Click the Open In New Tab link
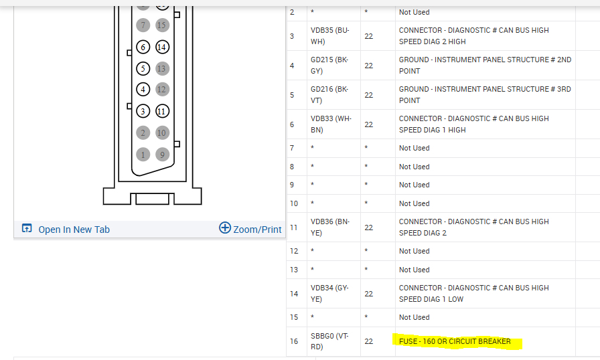[73, 230]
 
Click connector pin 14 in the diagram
[161, 47]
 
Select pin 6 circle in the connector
[143, 47]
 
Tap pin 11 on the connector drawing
[161, 111]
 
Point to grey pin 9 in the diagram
[161, 155]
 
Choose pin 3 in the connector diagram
[143, 111]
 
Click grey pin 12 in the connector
[161, 89]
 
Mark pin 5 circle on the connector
[143, 68]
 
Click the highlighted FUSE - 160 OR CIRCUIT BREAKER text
[455, 342]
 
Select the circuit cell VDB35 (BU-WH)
[329, 36]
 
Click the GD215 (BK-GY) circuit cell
[329, 66]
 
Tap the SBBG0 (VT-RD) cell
[329, 342]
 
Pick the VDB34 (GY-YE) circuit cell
[329, 294]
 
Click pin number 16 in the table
[294, 342]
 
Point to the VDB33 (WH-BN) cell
[329, 124]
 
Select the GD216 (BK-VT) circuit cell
[329, 95]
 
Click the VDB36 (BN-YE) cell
[329, 228]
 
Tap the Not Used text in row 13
[415, 270]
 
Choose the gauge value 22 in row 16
[369, 342]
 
